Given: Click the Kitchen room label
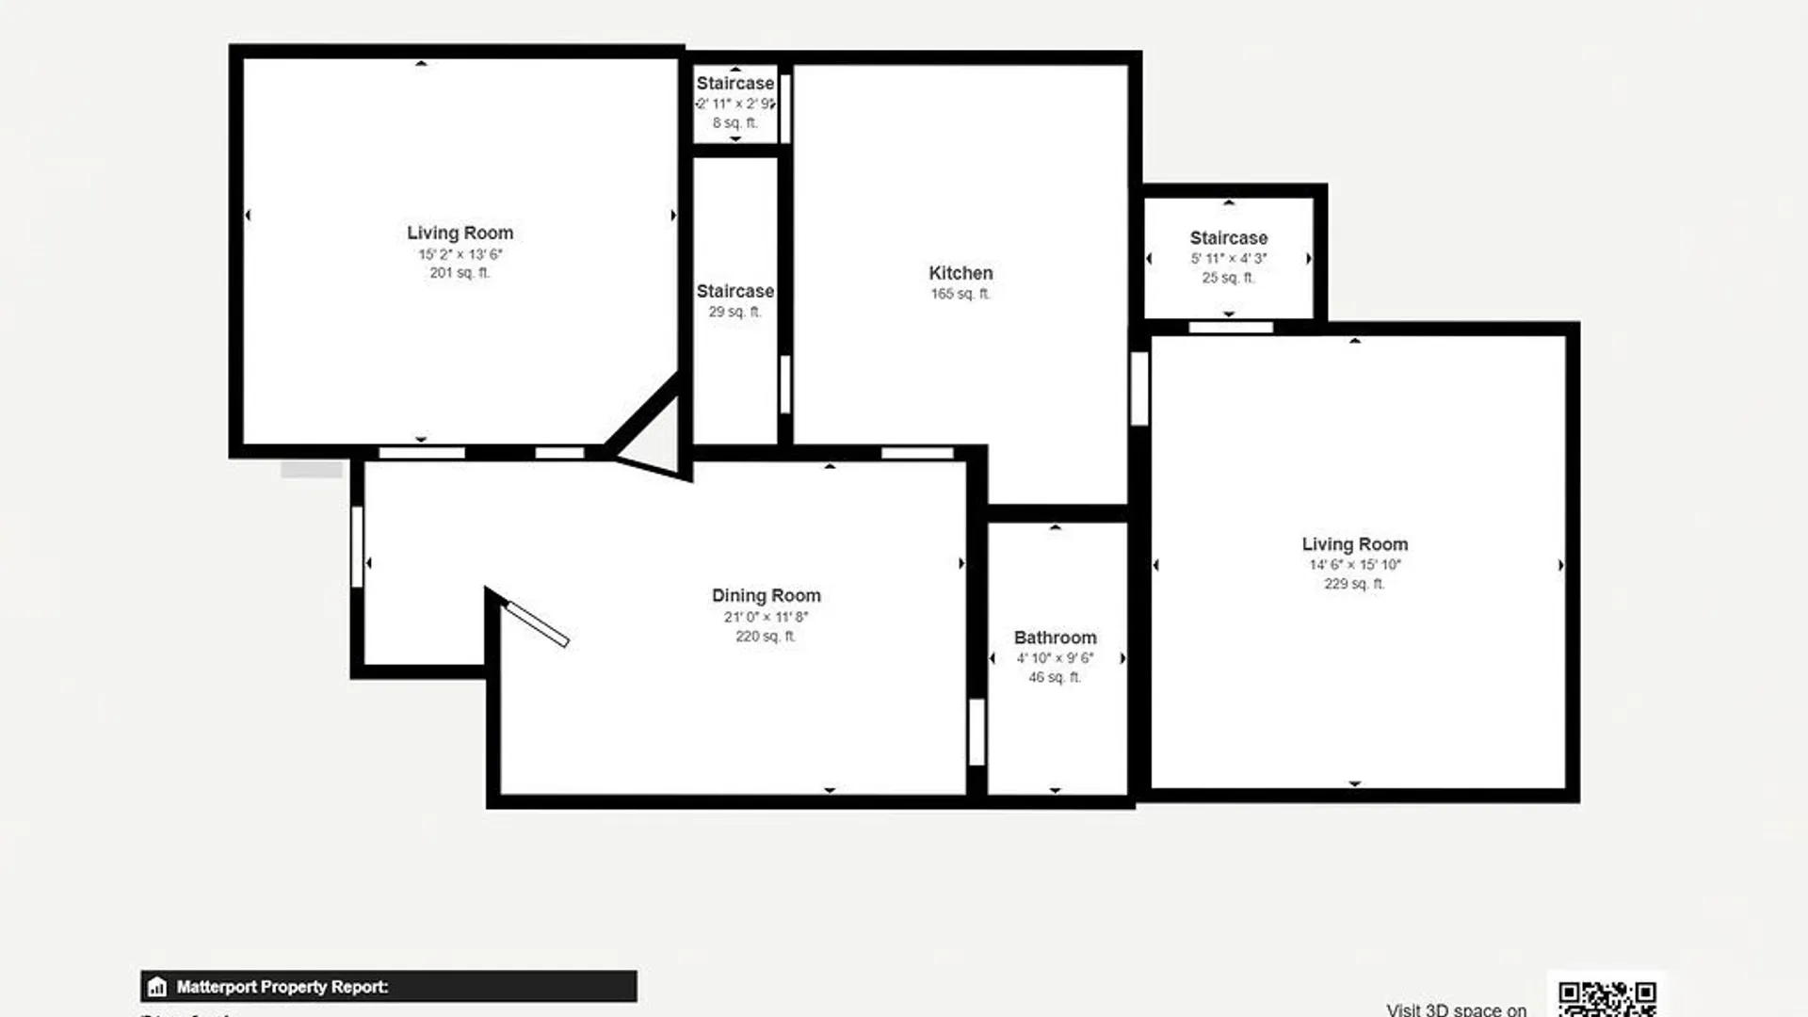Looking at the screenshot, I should pos(960,273).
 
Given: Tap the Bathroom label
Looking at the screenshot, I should pos(1055,638).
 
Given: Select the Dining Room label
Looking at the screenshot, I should pos(766,595).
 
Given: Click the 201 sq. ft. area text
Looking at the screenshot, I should pos(460,273).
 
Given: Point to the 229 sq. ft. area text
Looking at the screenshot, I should pos(1354,584).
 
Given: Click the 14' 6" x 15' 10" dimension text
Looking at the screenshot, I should pos(1354,565).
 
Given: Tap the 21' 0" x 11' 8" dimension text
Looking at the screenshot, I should pos(766,617).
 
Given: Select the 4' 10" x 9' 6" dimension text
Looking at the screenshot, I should pos(1055,658).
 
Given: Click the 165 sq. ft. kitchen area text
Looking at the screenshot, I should pos(960,294).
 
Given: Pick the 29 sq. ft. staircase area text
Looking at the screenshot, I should pos(734,312).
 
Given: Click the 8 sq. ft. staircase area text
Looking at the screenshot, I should pos(734,123).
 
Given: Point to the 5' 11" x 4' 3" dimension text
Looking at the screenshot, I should pos(1228,258).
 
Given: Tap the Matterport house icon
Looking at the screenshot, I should pos(157,987).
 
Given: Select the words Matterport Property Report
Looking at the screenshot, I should pos(282,987).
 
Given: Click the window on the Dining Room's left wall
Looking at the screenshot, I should pos(357,547).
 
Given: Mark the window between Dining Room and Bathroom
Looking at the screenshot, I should pos(977,732).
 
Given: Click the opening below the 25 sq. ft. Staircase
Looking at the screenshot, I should pos(1230,328).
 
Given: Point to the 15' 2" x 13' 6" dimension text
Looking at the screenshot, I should pos(460,254).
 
